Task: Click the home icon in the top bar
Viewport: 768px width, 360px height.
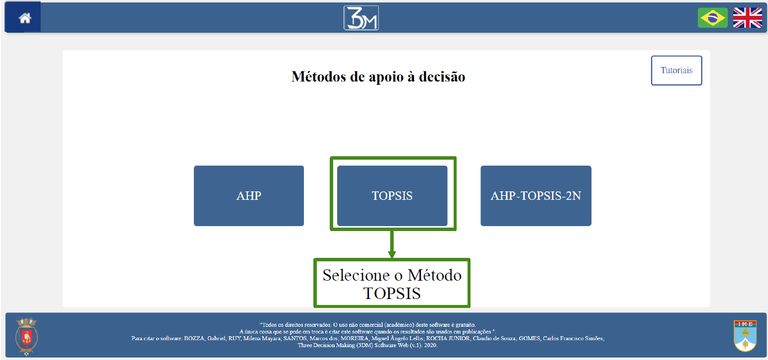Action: (x=25, y=18)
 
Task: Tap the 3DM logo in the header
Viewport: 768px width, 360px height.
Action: (x=361, y=18)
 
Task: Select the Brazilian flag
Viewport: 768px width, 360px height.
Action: (x=713, y=17)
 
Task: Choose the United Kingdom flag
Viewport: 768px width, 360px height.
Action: (x=748, y=17)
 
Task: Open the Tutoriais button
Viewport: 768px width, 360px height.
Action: (x=676, y=70)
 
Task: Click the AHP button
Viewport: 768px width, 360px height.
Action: (x=249, y=196)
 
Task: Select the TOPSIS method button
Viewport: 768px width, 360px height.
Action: (x=392, y=196)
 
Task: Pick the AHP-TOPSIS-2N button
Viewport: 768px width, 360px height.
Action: (x=536, y=196)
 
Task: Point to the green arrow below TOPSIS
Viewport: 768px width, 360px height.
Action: (x=392, y=244)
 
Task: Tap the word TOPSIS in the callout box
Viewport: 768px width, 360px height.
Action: (x=392, y=294)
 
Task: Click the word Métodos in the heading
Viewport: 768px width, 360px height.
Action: (x=318, y=76)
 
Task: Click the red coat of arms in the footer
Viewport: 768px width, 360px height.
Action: (x=26, y=336)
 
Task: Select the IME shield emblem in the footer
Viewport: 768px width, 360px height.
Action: (x=745, y=336)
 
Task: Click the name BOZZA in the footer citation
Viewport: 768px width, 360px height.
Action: (x=194, y=338)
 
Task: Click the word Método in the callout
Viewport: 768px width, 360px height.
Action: (x=434, y=275)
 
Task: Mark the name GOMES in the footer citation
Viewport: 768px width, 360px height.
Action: (x=529, y=338)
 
